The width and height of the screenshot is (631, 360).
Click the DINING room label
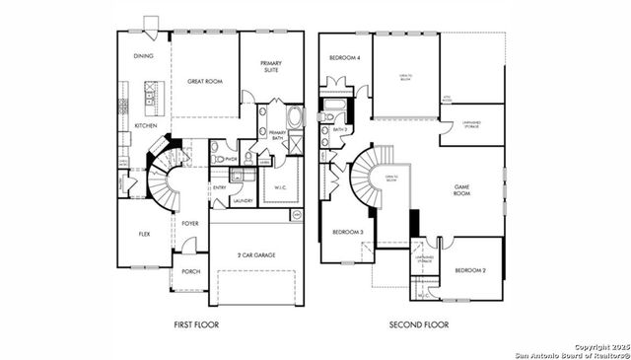tap(143, 56)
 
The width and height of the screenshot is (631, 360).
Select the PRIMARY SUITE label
tap(271, 66)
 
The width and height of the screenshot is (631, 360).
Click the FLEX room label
tap(144, 234)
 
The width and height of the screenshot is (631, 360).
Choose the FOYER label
tap(190, 224)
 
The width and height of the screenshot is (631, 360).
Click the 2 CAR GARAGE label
tap(255, 254)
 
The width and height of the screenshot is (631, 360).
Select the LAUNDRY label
tap(243, 201)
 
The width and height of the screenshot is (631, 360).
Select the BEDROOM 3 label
tap(348, 232)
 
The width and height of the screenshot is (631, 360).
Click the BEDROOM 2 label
tap(470, 269)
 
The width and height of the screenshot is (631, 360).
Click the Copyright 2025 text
tap(598, 346)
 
